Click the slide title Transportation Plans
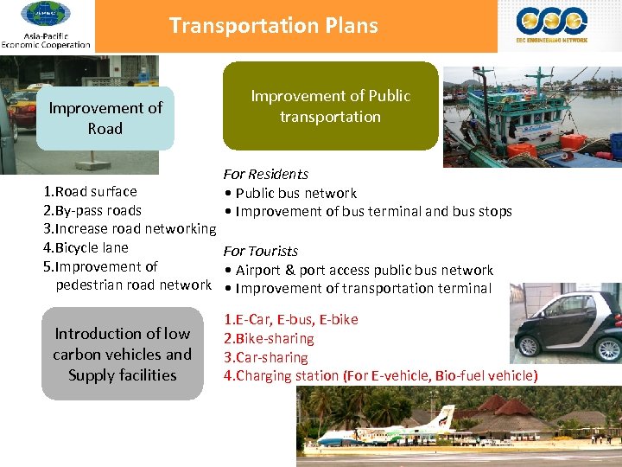point(273,26)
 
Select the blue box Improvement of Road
point(105,118)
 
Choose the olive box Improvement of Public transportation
point(330,106)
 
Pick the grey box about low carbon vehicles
point(122,354)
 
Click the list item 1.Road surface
point(90,191)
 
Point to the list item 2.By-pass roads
point(92,210)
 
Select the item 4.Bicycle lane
point(86,247)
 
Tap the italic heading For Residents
point(266,174)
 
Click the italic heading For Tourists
point(261,251)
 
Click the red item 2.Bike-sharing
point(269,338)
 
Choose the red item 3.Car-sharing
point(266,357)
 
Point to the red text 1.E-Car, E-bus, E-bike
point(291,319)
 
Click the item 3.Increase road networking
point(130,229)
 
